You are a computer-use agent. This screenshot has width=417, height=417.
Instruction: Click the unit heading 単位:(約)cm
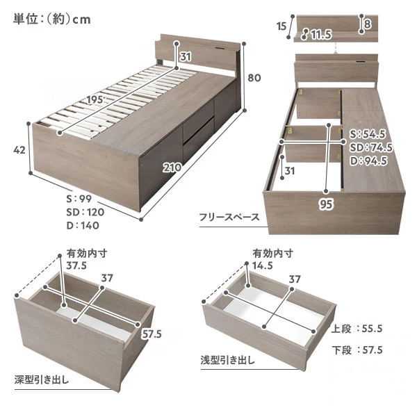pos(52,19)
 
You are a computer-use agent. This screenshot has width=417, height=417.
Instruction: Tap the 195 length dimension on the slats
pos(95,99)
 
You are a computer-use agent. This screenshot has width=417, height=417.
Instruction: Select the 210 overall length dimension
pos(172,167)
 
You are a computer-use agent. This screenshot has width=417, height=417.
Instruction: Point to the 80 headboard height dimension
pos(254,78)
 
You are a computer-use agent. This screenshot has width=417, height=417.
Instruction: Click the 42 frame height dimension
pos(19,150)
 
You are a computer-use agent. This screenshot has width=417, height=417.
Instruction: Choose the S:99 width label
pos(79,199)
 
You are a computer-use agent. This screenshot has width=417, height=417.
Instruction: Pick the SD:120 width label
pos(85,212)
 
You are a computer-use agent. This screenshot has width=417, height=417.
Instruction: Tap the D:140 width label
pos(83,225)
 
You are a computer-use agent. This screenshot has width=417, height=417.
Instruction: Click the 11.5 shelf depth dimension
pos(321,35)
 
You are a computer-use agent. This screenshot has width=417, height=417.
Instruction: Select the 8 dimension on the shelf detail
pos(367,24)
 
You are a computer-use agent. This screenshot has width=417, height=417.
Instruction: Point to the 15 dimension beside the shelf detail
pos(281,26)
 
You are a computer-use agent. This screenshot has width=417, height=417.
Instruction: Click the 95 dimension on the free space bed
pos(326,204)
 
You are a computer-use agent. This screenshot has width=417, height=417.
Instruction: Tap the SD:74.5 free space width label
pos(370,147)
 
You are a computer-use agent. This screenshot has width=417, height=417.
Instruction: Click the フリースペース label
pos(229,218)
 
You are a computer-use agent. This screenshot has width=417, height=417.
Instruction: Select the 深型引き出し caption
pos(42,379)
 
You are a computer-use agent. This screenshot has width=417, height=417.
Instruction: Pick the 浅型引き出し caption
pos(228,360)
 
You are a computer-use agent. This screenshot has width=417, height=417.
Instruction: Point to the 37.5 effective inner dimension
pos(76,265)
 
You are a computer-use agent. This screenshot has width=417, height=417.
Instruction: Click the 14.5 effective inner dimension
pos(263,265)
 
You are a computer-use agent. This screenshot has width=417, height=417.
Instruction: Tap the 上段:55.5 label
pos(357,329)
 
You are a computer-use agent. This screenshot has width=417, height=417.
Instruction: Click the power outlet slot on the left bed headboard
pos(220,49)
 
